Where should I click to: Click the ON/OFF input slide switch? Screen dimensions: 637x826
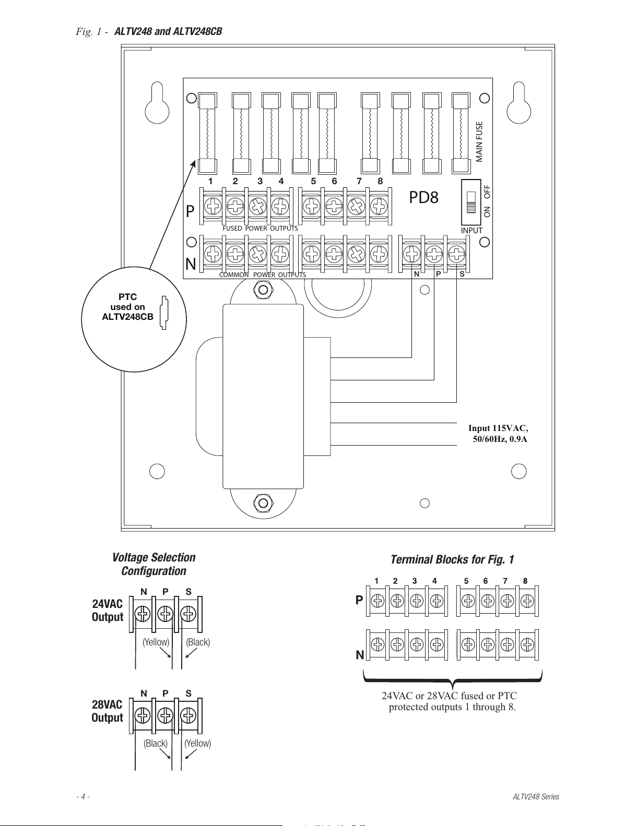click(471, 202)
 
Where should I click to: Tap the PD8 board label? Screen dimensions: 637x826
click(423, 197)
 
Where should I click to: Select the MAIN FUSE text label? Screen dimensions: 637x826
click(479, 142)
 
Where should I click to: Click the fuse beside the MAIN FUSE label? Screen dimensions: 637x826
click(461, 133)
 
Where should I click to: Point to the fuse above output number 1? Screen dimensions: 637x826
click(207, 133)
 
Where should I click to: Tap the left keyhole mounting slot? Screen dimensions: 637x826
click(157, 103)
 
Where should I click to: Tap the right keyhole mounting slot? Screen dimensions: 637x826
click(519, 103)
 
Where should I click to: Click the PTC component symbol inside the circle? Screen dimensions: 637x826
click(164, 313)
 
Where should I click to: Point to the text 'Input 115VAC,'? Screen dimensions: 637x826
click(498, 428)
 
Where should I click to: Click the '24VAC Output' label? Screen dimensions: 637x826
click(108, 610)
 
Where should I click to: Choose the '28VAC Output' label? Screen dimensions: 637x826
click(108, 711)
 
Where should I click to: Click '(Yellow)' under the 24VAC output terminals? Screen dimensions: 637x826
click(156, 642)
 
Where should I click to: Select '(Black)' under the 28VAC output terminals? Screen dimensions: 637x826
click(156, 743)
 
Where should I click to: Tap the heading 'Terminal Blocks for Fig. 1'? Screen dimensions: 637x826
click(452, 559)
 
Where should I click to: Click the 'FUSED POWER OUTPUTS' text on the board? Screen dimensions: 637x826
click(260, 229)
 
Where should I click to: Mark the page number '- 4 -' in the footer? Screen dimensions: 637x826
click(83, 797)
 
